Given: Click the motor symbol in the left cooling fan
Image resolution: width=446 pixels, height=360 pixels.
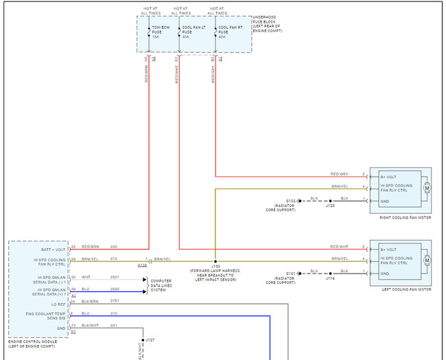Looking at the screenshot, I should (426, 259).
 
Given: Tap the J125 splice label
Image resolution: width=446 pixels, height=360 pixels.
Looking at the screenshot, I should (330, 205).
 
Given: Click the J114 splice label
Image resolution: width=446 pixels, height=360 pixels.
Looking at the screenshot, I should (330, 277).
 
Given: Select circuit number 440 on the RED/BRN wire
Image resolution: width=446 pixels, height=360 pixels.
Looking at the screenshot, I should (114, 246).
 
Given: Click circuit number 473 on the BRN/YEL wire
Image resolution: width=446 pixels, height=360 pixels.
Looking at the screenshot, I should (114, 259).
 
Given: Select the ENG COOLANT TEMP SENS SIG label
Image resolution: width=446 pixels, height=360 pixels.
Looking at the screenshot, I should (49, 315).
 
